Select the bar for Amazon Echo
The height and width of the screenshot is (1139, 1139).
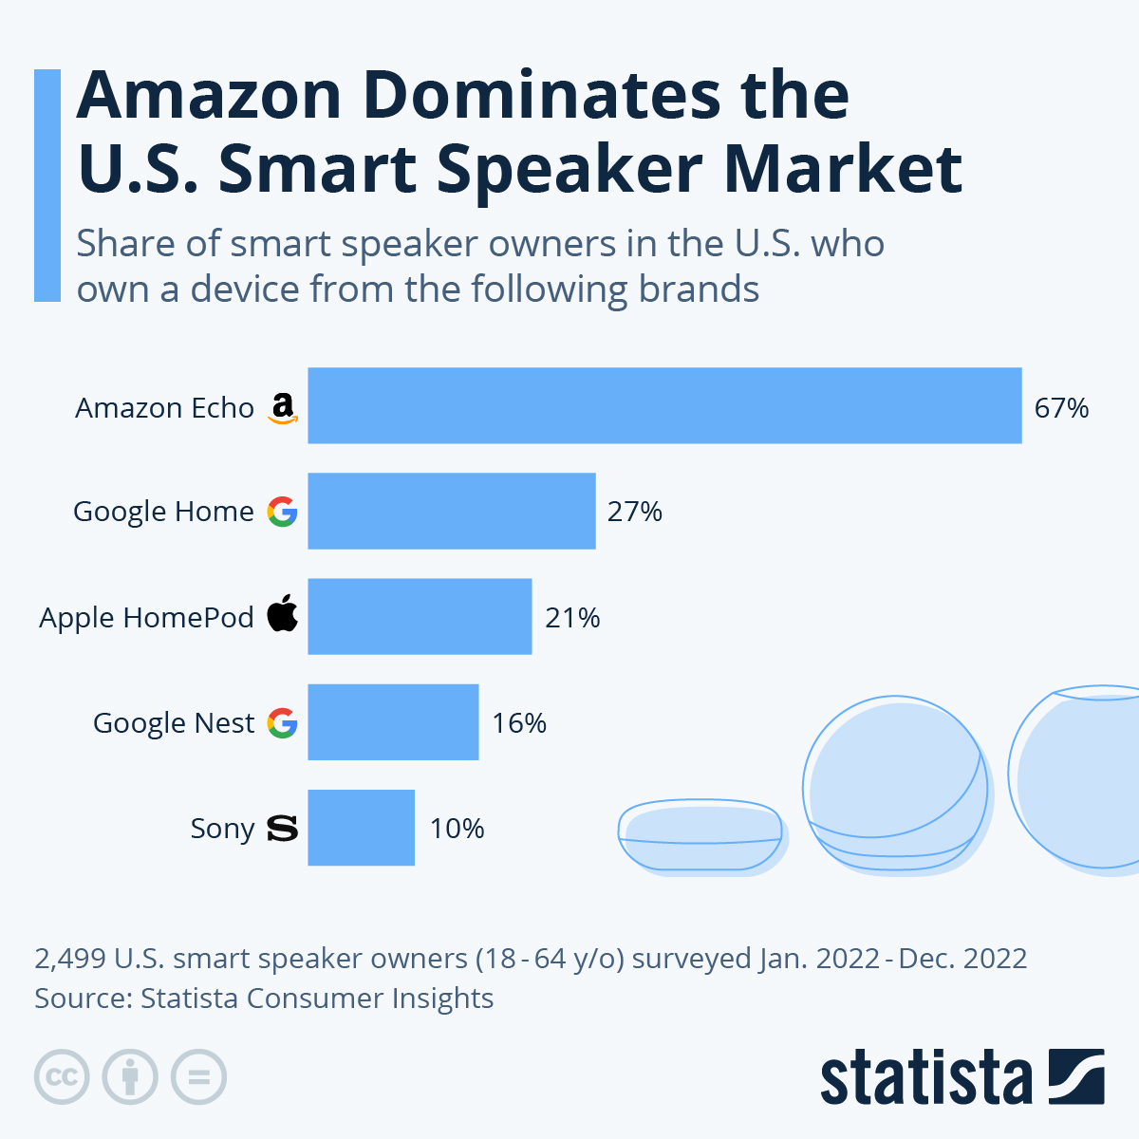(664, 405)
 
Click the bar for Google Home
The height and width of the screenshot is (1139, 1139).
(452, 511)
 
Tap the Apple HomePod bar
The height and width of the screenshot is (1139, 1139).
(420, 616)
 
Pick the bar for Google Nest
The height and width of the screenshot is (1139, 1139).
(393, 721)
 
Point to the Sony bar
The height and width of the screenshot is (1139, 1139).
(361, 827)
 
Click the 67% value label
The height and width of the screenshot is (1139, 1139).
(1061, 408)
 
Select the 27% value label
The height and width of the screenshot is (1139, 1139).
(634, 512)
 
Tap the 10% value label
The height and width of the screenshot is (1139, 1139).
(457, 829)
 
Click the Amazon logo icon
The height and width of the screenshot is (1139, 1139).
(283, 408)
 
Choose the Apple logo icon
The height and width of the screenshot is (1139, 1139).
(283, 614)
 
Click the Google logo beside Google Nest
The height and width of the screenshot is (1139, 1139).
(283, 723)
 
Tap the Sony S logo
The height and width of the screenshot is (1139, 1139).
(283, 829)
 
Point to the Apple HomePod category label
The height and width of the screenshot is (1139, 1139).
(146, 618)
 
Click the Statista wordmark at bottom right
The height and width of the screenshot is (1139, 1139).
(925, 1078)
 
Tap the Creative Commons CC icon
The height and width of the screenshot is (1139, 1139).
(62, 1077)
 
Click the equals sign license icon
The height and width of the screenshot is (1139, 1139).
(198, 1077)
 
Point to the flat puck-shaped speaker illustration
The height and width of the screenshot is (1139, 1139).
(700, 835)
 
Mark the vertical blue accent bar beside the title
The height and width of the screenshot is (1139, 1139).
(47, 185)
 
